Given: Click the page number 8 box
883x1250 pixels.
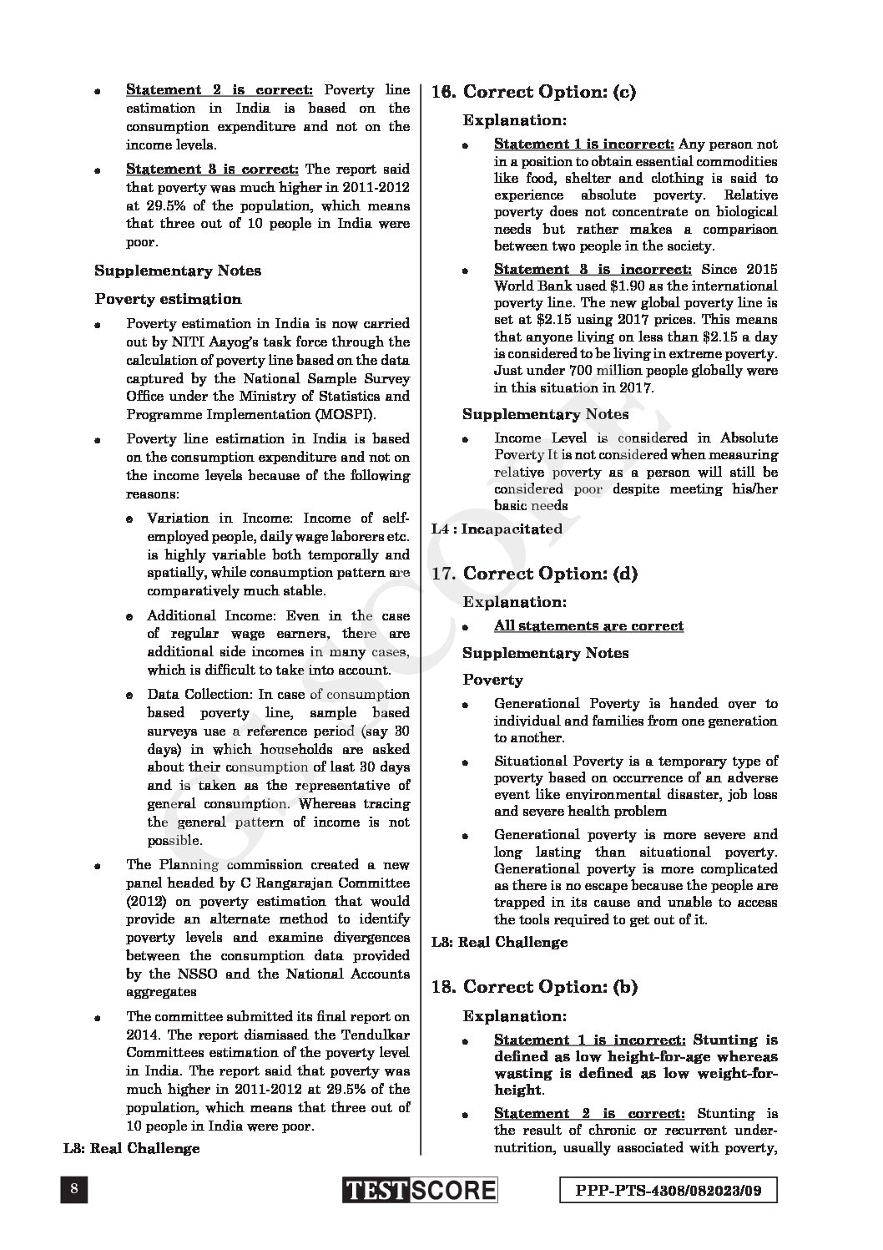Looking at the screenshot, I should [75, 1190].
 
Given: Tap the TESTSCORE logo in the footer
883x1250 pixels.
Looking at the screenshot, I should [419, 1190].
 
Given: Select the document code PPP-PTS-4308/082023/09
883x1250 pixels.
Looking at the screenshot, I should [665, 1190].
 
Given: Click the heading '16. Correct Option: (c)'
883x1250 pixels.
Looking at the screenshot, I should [533, 92].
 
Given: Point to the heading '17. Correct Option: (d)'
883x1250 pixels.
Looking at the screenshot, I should [534, 573].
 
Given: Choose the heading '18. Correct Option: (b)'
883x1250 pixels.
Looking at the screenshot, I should [534, 987].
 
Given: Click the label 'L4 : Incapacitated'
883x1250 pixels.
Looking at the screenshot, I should [497, 529].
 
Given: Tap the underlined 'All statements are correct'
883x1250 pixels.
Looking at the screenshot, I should [588, 625].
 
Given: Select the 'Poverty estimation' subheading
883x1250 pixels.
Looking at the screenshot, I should [168, 299].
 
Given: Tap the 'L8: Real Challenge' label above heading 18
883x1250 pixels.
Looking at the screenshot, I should [499, 942].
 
